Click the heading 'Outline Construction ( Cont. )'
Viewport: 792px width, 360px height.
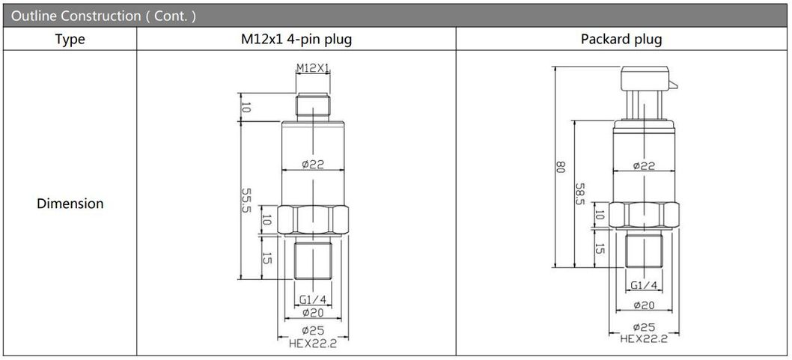point(104,15)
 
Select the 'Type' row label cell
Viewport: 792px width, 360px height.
point(70,40)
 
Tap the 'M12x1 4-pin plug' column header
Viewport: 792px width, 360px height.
point(296,40)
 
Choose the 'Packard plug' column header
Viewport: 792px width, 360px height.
point(621,40)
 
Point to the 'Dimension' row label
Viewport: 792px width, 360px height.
point(70,204)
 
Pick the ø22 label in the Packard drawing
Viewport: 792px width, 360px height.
point(645,165)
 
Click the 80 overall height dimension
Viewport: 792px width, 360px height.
point(558,168)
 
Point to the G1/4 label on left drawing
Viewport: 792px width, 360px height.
point(313,300)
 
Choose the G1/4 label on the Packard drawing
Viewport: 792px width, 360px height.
point(644,285)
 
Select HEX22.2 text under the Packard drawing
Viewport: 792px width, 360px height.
point(644,338)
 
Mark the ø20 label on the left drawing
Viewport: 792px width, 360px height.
point(313,313)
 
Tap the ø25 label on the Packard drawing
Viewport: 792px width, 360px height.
point(644,327)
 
